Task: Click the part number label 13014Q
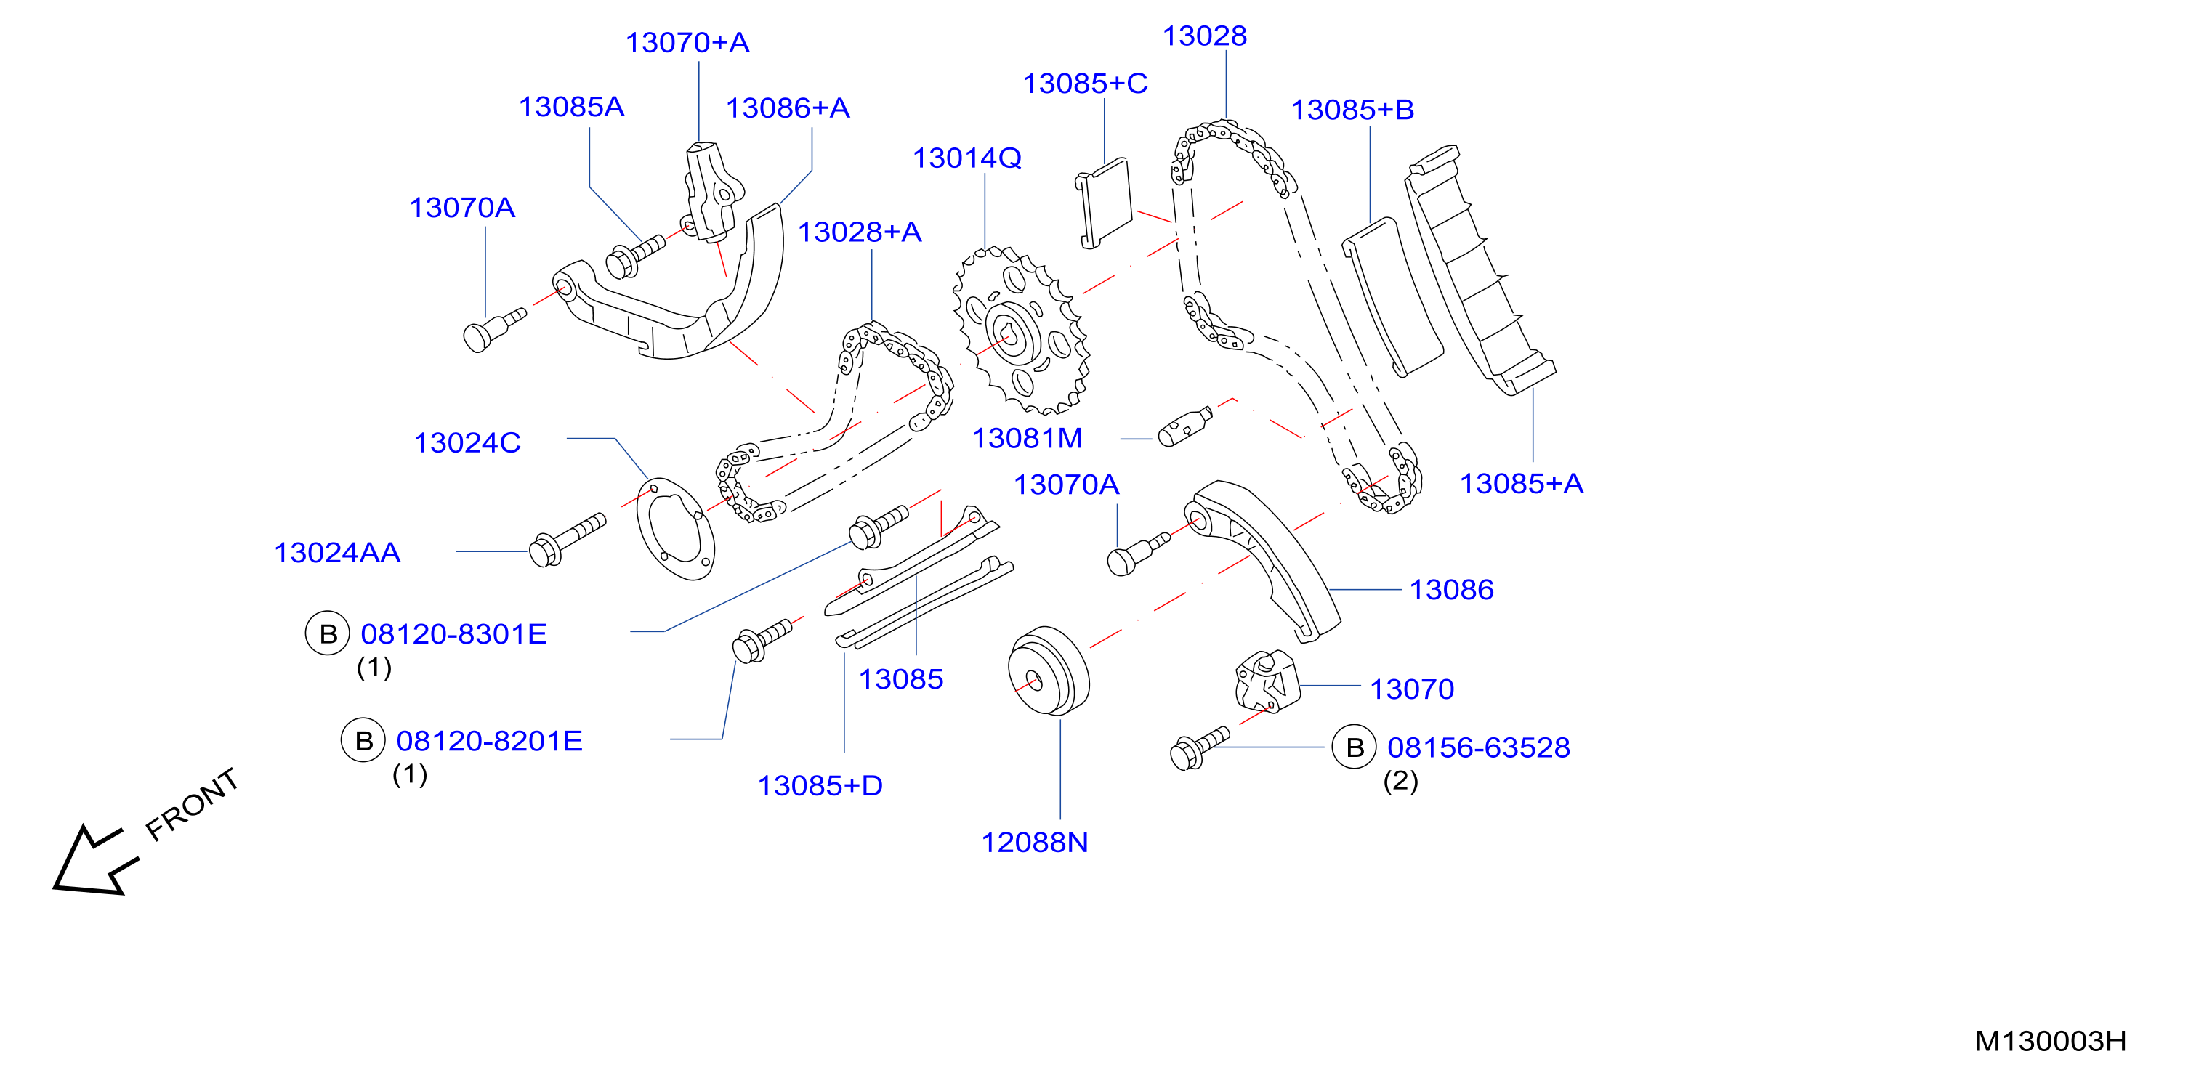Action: click(967, 158)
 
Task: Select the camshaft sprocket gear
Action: click(1021, 331)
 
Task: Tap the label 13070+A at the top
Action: click(687, 42)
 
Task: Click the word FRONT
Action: click(192, 804)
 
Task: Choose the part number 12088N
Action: click(1035, 842)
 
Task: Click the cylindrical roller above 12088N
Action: click(1049, 670)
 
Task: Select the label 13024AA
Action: click(337, 553)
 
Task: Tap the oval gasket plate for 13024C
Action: click(675, 529)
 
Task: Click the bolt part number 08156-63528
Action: click(1479, 747)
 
